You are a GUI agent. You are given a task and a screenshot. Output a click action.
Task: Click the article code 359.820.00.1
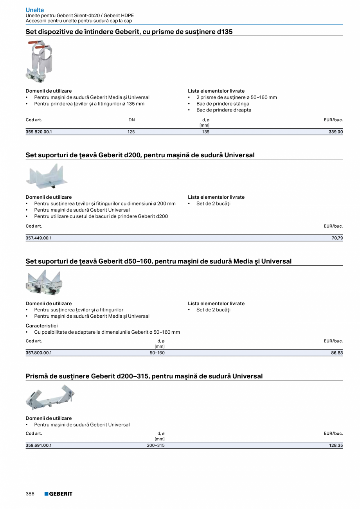pyautogui.click(x=39, y=132)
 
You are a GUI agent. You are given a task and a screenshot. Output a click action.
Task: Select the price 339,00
pyautogui.click(x=335, y=132)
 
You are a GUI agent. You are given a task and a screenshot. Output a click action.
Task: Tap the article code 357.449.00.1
pyautogui.click(x=39, y=238)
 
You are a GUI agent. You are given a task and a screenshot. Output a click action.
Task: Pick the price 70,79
pyautogui.click(x=337, y=238)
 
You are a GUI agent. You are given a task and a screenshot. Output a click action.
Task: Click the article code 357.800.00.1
pyautogui.click(x=39, y=353)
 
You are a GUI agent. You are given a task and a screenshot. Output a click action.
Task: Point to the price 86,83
pyautogui.click(x=337, y=353)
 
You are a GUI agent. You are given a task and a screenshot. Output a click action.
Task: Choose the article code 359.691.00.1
pyautogui.click(x=39, y=445)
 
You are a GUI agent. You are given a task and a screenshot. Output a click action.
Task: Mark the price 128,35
pyautogui.click(x=336, y=445)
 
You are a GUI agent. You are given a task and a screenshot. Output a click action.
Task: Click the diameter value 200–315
pyautogui.click(x=156, y=445)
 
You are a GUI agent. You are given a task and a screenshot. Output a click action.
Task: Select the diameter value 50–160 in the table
pyautogui.click(x=157, y=353)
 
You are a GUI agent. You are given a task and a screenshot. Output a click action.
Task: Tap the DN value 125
pyautogui.click(x=131, y=132)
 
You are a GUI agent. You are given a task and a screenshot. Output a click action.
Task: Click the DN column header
pyautogui.click(x=131, y=120)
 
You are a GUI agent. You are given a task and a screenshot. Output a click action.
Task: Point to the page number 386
pyautogui.click(x=30, y=494)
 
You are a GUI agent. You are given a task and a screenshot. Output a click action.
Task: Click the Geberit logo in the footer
pyautogui.click(x=58, y=494)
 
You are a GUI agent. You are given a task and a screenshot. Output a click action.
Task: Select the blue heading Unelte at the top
pyautogui.click(x=35, y=10)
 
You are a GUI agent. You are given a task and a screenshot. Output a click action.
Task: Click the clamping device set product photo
pyautogui.click(x=39, y=61)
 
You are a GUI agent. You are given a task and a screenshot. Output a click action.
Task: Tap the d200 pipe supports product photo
pyautogui.click(x=47, y=176)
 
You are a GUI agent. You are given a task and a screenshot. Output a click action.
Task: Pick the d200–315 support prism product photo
pyautogui.click(x=50, y=397)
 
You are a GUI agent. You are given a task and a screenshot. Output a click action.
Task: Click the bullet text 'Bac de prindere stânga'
pyautogui.click(x=223, y=104)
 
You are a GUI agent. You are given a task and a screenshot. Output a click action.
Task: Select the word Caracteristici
pyautogui.click(x=41, y=326)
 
